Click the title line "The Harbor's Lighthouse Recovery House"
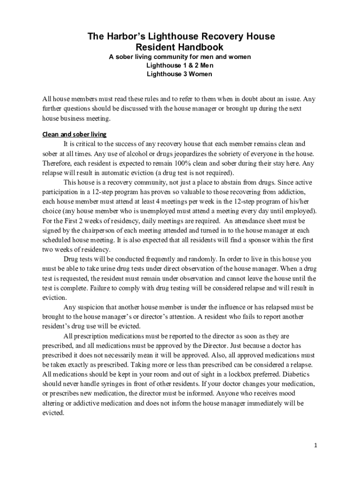(180, 36)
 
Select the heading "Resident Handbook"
(180, 47)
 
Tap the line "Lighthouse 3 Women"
(180, 74)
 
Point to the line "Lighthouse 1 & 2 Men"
(180, 65)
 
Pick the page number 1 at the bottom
(316, 445)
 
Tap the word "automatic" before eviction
(105, 173)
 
